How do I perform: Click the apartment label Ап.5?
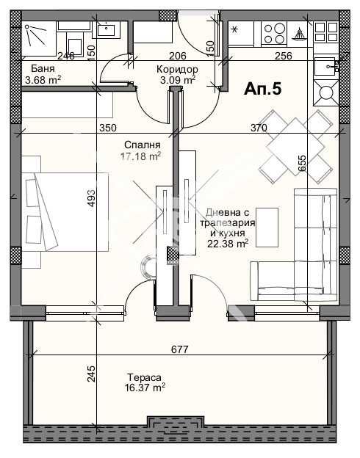click(x=262, y=89)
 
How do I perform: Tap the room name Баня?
click(x=43, y=69)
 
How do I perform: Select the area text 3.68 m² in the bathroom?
click(x=43, y=80)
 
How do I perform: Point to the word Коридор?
click(x=177, y=70)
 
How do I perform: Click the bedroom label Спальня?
click(x=142, y=145)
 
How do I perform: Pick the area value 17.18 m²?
click(x=140, y=156)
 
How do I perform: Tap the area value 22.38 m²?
click(x=228, y=243)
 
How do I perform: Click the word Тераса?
click(x=144, y=377)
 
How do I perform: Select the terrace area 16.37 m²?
click(x=145, y=388)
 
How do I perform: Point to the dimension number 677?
click(x=179, y=349)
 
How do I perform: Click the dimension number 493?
click(x=91, y=199)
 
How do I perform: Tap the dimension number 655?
click(x=303, y=163)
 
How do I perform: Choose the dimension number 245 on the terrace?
click(x=91, y=374)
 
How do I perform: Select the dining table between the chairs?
click(x=295, y=147)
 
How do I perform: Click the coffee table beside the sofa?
click(x=267, y=228)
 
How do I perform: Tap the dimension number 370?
click(x=259, y=128)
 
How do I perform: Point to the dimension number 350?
click(x=107, y=128)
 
